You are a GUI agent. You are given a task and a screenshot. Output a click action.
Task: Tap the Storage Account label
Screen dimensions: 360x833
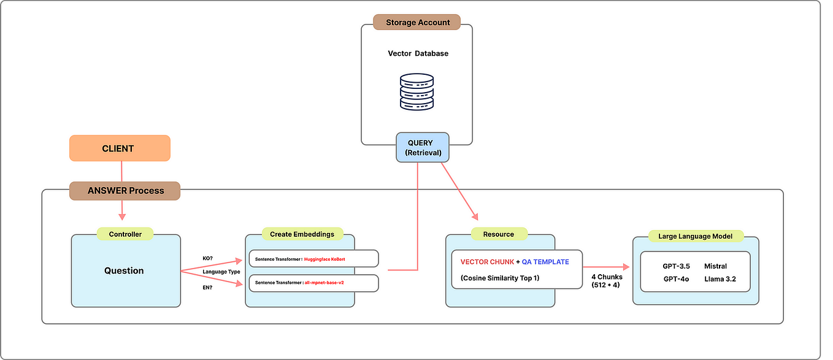418,23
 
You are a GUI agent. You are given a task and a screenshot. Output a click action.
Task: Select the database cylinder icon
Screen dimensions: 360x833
416,91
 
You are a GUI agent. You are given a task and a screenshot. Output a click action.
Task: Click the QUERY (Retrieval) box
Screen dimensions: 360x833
423,147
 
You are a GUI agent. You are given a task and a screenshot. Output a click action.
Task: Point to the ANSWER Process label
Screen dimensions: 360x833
125,191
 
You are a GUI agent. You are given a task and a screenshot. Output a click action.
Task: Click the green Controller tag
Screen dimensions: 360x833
125,234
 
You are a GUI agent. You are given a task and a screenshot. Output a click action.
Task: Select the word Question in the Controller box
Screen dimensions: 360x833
124,270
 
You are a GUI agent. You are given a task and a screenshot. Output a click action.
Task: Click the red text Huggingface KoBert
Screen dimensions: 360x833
324,259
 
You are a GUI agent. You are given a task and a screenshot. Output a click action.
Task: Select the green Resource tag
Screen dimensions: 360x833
499,234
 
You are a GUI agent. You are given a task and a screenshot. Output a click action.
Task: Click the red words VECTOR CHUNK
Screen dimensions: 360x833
486,262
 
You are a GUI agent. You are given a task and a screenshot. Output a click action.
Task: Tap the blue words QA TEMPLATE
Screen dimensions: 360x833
545,262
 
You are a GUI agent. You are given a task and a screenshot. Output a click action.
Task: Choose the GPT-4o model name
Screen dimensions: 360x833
676,278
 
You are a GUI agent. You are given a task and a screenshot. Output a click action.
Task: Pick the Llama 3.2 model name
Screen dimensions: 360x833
720,278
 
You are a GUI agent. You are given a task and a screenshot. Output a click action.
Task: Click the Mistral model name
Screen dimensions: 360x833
715,266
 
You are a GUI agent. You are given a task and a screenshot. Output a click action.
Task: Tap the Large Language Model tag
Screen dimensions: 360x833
696,236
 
